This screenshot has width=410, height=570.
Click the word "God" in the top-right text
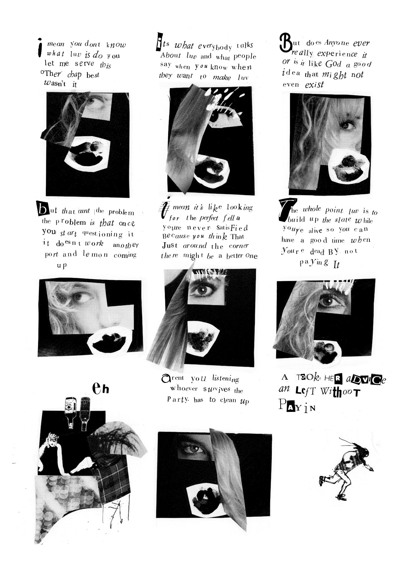(333, 64)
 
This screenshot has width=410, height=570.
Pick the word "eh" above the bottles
(100, 389)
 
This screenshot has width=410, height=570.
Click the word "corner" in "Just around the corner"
(239, 246)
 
